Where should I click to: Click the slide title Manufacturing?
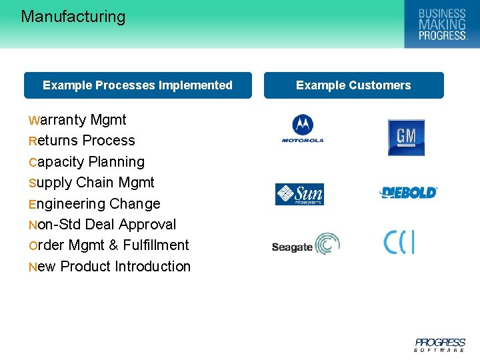click(73, 17)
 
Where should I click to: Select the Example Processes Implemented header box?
click(137, 85)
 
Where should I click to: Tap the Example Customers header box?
click(353, 85)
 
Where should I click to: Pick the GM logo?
click(406, 137)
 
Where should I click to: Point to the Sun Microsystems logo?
click(299, 195)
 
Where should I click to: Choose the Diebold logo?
click(408, 193)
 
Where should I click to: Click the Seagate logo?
click(305, 245)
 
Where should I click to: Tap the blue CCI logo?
click(399, 241)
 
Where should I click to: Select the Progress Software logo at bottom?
click(439, 344)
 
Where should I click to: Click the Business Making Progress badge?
click(441, 24)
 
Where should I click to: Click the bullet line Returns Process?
click(81, 141)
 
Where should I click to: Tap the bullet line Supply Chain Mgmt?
click(91, 183)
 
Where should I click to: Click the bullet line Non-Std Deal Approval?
click(102, 225)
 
